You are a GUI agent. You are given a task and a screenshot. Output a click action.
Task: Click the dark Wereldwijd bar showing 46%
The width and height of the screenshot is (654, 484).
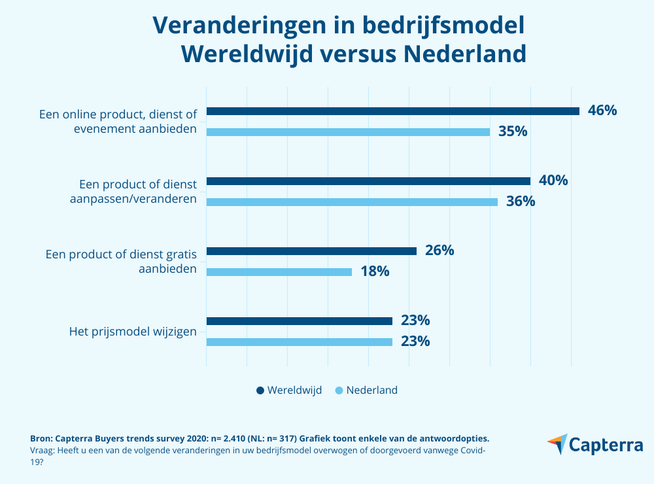(x=392, y=111)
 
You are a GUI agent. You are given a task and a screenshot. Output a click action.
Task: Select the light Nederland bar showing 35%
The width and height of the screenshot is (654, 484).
(x=348, y=132)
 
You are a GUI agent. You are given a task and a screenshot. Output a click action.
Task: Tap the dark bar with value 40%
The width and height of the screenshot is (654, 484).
(x=368, y=181)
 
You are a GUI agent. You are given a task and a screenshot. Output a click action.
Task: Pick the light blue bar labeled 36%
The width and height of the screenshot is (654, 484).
(x=352, y=202)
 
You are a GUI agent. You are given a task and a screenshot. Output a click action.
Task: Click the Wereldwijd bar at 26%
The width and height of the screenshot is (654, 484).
(x=311, y=251)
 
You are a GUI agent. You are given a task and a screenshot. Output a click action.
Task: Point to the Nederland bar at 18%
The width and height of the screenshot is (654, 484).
(x=279, y=272)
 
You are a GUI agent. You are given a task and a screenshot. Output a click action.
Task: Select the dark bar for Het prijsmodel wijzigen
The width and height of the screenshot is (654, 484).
(x=299, y=321)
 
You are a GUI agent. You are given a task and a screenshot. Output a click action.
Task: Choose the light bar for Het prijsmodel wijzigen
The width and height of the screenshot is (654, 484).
(x=299, y=342)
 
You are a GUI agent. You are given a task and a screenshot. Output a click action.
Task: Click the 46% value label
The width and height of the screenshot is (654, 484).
(x=602, y=111)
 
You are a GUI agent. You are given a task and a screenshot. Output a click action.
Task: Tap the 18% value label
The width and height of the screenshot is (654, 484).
(x=375, y=271)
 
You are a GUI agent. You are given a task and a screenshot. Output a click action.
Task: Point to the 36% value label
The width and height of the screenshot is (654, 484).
(x=521, y=201)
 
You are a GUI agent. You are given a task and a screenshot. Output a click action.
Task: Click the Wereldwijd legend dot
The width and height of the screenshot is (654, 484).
(x=260, y=390)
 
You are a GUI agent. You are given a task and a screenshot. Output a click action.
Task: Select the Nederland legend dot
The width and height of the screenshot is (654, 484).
(x=339, y=390)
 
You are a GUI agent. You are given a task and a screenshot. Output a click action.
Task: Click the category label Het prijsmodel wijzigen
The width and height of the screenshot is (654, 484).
(x=133, y=332)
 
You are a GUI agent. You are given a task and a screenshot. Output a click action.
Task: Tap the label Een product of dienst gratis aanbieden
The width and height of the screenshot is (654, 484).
(x=121, y=261)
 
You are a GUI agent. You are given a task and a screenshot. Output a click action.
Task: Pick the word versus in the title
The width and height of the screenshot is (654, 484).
(x=356, y=54)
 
